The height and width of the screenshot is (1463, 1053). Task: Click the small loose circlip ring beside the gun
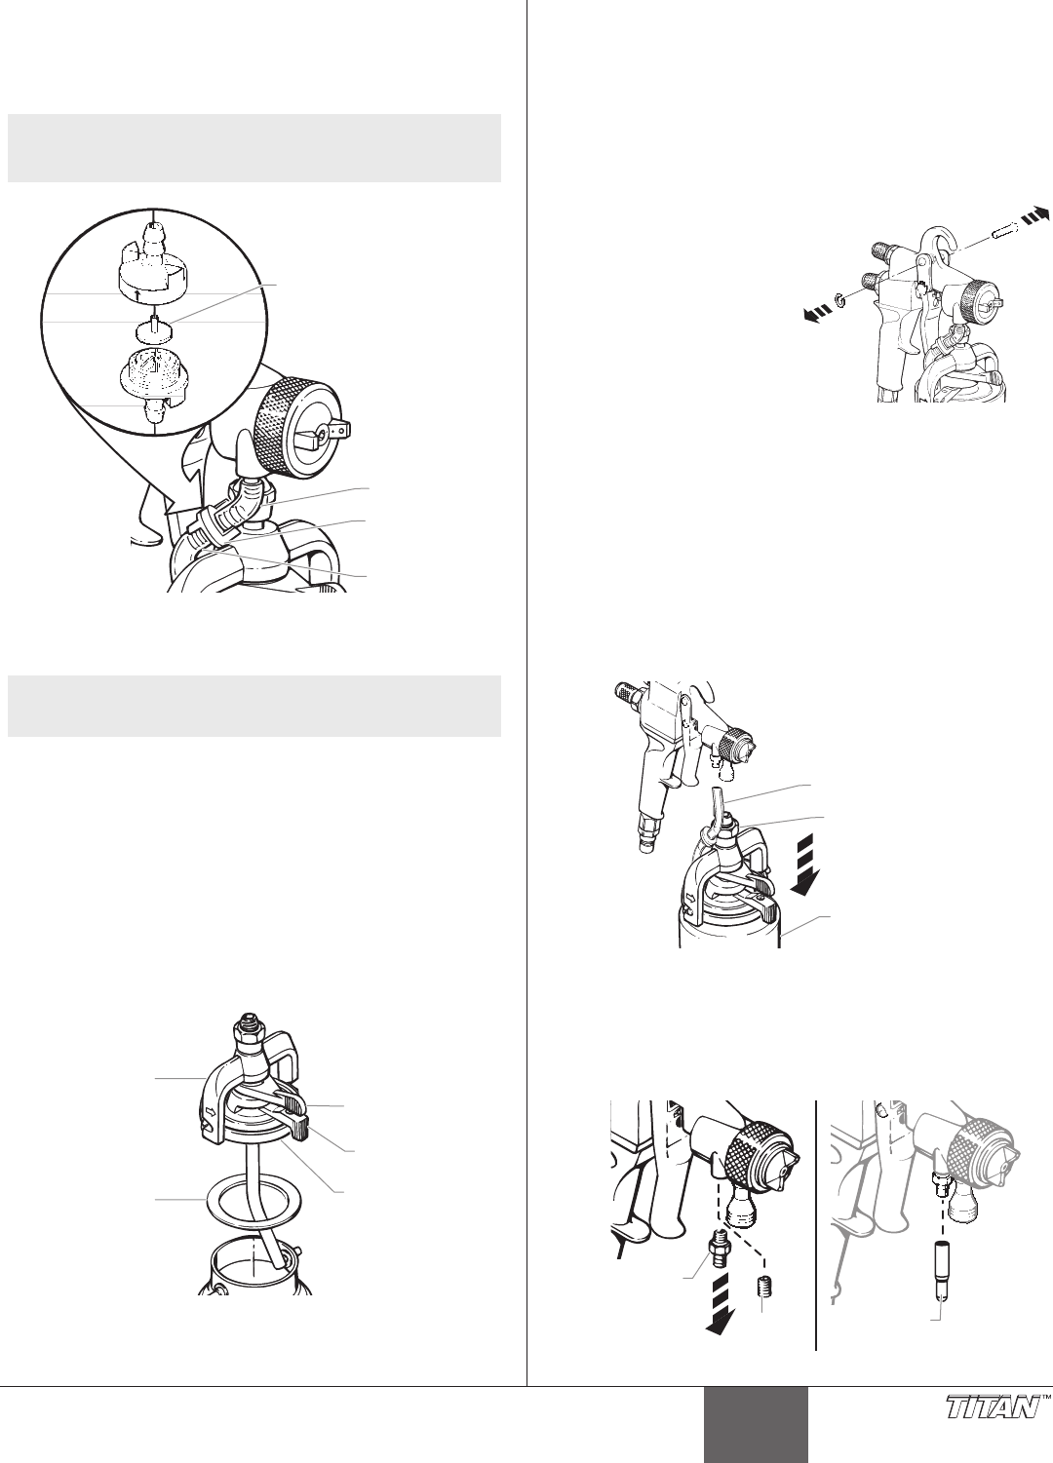click(x=840, y=301)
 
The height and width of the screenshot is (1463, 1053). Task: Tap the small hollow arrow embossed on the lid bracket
click(x=211, y=1110)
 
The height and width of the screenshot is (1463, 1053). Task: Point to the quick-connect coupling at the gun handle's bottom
click(x=646, y=842)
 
